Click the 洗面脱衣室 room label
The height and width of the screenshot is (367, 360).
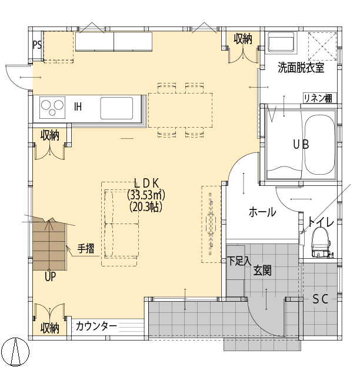point(301,68)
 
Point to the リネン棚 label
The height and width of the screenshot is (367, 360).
point(318,98)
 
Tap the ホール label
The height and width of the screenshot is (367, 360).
point(262,212)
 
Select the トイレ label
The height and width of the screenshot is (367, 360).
point(321,222)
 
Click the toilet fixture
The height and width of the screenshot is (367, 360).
point(321,241)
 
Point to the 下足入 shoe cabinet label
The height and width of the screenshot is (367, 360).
point(239,259)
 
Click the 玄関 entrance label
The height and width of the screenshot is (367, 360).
point(262,271)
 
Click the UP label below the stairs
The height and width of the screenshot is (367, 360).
point(50,276)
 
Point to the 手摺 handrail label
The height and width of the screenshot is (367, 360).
point(86,249)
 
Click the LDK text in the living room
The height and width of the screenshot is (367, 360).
point(146,182)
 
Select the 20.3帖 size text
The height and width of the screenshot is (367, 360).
point(146,206)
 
